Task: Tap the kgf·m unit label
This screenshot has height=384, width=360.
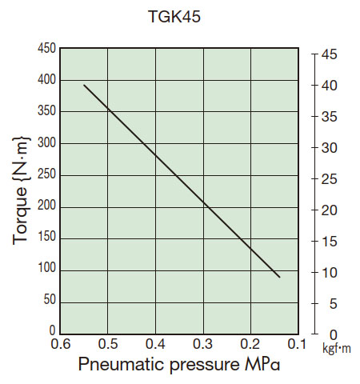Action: (336, 350)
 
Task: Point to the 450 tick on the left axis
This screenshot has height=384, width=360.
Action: (46, 50)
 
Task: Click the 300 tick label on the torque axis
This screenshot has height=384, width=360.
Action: (46, 144)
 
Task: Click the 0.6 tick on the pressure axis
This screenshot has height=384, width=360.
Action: (61, 344)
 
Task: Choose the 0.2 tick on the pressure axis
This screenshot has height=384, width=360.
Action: (250, 344)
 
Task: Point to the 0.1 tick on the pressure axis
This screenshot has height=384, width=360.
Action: (298, 344)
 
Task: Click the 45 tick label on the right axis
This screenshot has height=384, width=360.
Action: (330, 54)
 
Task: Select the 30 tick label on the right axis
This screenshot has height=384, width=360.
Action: (330, 148)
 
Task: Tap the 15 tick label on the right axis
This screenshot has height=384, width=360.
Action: (330, 242)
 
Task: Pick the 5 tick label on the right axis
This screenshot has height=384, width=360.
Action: (326, 304)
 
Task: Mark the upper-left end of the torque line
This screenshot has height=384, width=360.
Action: (84, 84)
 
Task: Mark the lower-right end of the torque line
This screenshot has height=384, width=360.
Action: (279, 277)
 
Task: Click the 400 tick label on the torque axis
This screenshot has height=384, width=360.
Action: (46, 81)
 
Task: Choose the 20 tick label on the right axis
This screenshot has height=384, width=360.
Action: (330, 210)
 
